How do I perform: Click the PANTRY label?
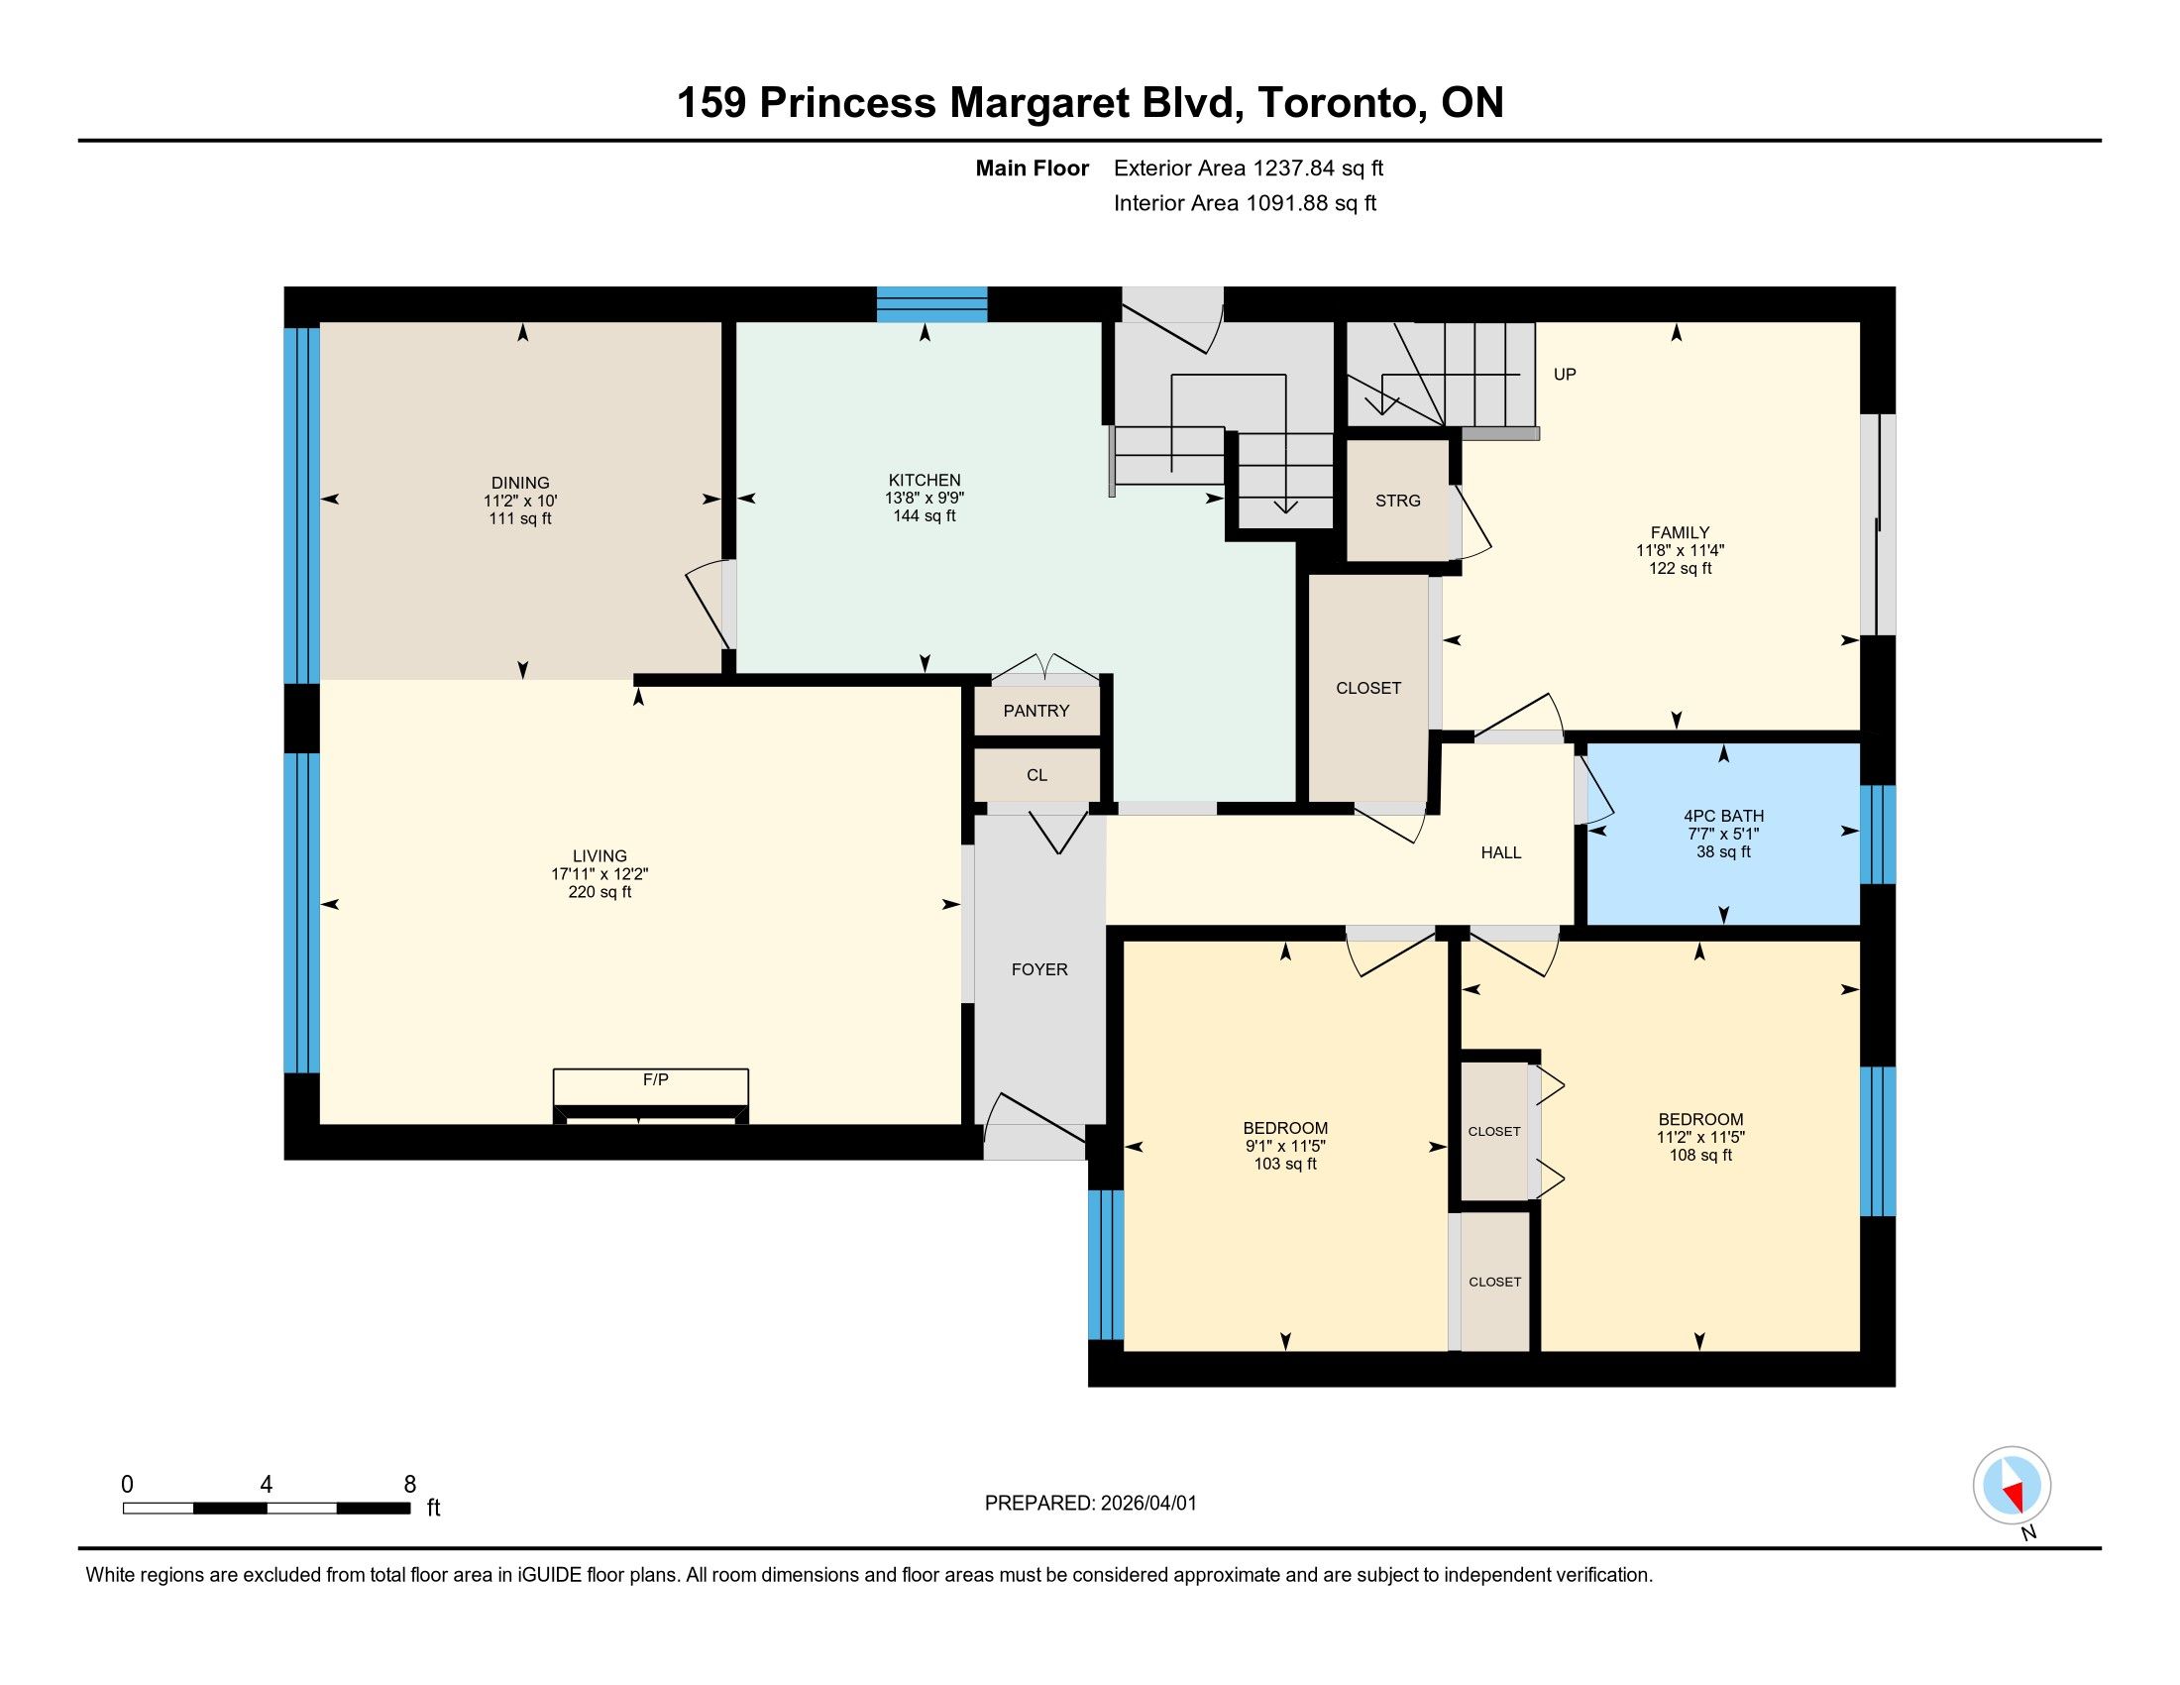1036,711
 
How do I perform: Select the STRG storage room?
1397,501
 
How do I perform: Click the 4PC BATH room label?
1724,816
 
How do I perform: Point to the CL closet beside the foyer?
1037,775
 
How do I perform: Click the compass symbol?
2013,1486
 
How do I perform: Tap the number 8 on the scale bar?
409,1485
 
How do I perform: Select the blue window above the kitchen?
932,304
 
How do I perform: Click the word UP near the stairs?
1565,375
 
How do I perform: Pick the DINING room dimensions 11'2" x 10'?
520,502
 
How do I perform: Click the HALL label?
1501,852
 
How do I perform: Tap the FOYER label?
1039,969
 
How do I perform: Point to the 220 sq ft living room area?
599,892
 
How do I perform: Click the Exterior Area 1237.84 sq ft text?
1249,168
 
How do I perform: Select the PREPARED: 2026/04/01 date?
1090,1504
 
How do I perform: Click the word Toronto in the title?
1341,103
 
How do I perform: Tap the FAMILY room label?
1680,533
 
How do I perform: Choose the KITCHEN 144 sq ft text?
925,516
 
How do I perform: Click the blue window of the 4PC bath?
1878,835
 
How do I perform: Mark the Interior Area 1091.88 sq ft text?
1245,203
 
